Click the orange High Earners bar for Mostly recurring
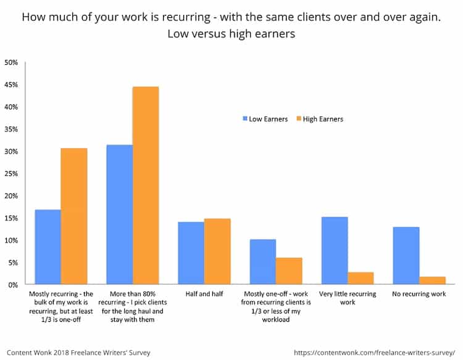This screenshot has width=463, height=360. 73,216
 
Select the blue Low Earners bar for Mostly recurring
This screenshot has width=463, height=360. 48,247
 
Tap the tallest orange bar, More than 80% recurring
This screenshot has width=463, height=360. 145,185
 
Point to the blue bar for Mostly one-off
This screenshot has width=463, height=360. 262,262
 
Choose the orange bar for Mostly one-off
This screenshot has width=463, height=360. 288,271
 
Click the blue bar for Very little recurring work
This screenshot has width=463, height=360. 334,251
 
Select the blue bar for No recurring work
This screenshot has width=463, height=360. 406,256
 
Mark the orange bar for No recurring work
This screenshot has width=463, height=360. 432,280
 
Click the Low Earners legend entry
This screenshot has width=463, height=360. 265,119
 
